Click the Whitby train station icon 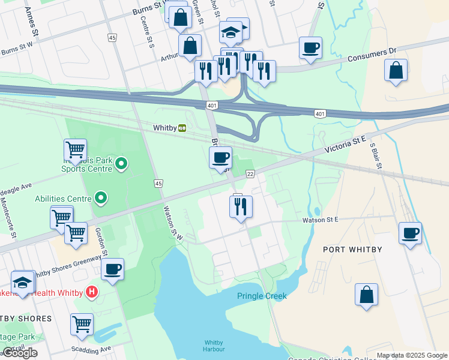(181, 128)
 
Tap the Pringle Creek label (261, 296)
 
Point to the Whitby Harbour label (214, 346)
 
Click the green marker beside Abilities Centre (101, 198)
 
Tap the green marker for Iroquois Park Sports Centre (121, 163)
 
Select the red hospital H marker (91, 292)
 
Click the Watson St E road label (320, 220)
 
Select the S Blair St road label (376, 154)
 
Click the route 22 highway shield (250, 173)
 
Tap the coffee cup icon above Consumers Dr (310, 48)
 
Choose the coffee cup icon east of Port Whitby (411, 233)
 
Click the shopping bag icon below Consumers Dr (396, 70)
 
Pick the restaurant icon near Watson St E (241, 206)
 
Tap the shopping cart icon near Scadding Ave (82, 325)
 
